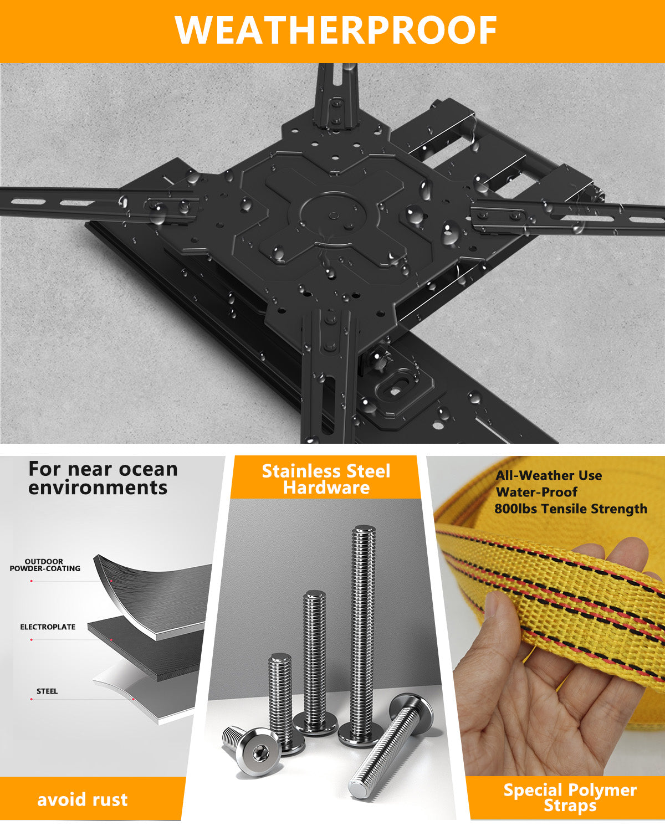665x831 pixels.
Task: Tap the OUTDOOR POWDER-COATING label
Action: (x=45, y=565)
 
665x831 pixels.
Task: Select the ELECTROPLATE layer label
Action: (x=48, y=627)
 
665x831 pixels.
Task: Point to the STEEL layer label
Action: (x=47, y=691)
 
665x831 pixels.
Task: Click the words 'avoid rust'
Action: (x=83, y=799)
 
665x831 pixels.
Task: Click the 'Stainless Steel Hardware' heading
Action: (x=326, y=479)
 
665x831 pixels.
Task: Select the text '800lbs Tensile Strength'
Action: (x=571, y=509)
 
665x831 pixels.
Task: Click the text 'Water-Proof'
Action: (x=537, y=492)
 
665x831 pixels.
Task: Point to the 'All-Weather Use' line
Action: (x=549, y=475)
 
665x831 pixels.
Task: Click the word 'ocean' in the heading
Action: (x=148, y=470)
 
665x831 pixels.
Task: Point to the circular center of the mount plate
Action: (x=332, y=215)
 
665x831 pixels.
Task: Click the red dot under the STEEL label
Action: (x=31, y=699)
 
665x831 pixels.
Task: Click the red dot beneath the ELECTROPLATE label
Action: (x=31, y=640)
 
